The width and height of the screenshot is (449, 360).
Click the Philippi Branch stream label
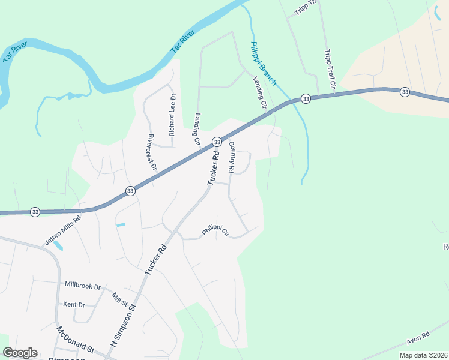coord(263,64)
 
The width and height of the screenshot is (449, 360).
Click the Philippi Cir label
coord(215,230)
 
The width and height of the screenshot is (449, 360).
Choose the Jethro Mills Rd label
coord(63,230)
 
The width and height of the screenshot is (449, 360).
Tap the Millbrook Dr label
coord(82,286)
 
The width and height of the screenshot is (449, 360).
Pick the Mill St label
coord(121,298)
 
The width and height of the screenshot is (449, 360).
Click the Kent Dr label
coord(74,305)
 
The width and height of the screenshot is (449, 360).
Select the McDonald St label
coord(76,340)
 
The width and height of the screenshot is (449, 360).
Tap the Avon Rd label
coord(418,338)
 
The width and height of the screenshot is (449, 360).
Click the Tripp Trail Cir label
coord(329,71)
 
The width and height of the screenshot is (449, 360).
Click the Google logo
coord(20,353)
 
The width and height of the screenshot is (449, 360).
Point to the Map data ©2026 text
coord(423,355)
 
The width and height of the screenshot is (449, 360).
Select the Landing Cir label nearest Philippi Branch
coord(259,92)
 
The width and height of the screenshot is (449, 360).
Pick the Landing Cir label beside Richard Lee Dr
coord(196,130)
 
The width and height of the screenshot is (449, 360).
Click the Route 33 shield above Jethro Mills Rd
coord(35,212)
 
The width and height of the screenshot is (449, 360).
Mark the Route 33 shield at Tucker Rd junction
coord(216,142)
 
